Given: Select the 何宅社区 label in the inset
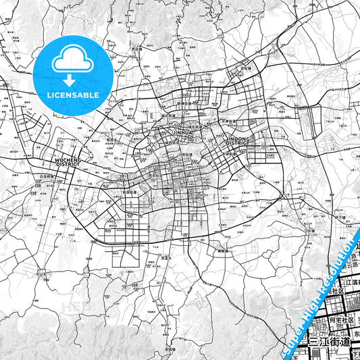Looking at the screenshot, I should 342,320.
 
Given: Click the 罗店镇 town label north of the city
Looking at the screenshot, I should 138,49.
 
